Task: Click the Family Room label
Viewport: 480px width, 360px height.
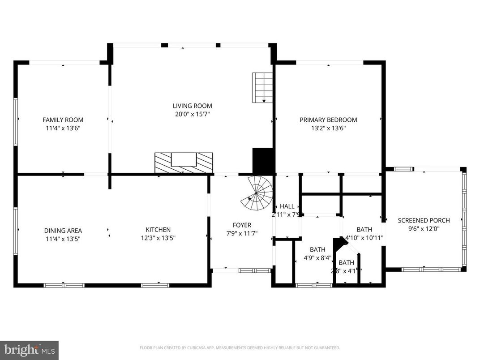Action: [x=63, y=120]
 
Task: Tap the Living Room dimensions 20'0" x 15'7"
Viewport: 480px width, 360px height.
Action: [x=193, y=114]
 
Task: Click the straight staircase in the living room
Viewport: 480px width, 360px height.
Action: [x=262, y=87]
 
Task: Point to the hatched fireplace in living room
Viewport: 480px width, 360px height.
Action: [x=184, y=163]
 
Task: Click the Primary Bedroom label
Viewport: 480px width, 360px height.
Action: [x=328, y=120]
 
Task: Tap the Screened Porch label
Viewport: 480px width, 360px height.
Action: [x=424, y=220]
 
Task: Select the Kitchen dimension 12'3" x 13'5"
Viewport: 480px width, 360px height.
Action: [x=158, y=238]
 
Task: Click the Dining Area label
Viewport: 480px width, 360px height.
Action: [x=63, y=231]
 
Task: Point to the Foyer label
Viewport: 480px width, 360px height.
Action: [x=242, y=225]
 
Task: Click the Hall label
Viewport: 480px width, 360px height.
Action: [x=287, y=206]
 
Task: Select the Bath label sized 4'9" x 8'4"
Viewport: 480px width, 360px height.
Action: [x=317, y=249]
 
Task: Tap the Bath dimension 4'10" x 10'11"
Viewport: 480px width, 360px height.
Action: [x=364, y=238]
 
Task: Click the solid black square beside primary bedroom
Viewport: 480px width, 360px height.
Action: [x=263, y=161]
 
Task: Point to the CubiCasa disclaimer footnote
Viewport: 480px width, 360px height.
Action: [x=240, y=347]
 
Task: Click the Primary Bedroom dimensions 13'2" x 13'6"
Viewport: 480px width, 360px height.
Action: [x=328, y=128]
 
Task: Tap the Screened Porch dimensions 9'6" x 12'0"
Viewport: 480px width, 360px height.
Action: [x=424, y=228]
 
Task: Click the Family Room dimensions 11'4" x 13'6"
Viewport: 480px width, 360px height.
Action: [x=63, y=128]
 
